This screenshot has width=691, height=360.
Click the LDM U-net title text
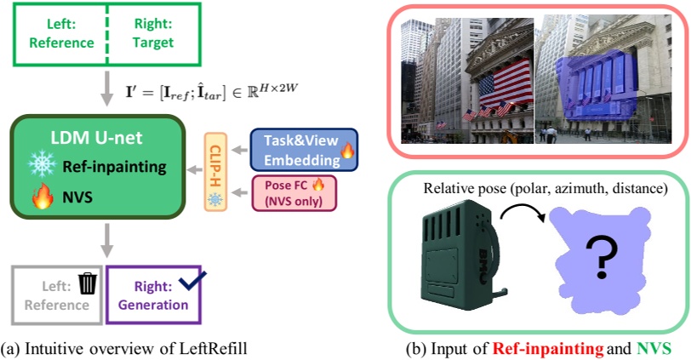coord(95,138)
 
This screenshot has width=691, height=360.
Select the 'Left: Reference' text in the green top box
coord(58,35)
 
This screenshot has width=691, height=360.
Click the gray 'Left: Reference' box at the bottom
coord(56,294)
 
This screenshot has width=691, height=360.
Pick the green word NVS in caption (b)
coord(652,348)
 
